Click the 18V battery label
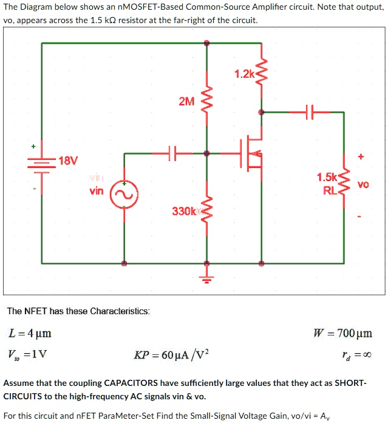[69, 161]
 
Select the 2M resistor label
[186, 101]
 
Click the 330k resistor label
[183, 211]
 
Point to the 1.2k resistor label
[244, 74]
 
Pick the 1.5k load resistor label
[326, 177]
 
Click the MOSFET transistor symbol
[254, 154]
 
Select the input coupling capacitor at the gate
[172, 154]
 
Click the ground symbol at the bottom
[206, 279]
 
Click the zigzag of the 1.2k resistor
[262, 74]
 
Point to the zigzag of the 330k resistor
[206, 210]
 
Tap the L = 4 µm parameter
[30, 333]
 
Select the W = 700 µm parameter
[342, 333]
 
